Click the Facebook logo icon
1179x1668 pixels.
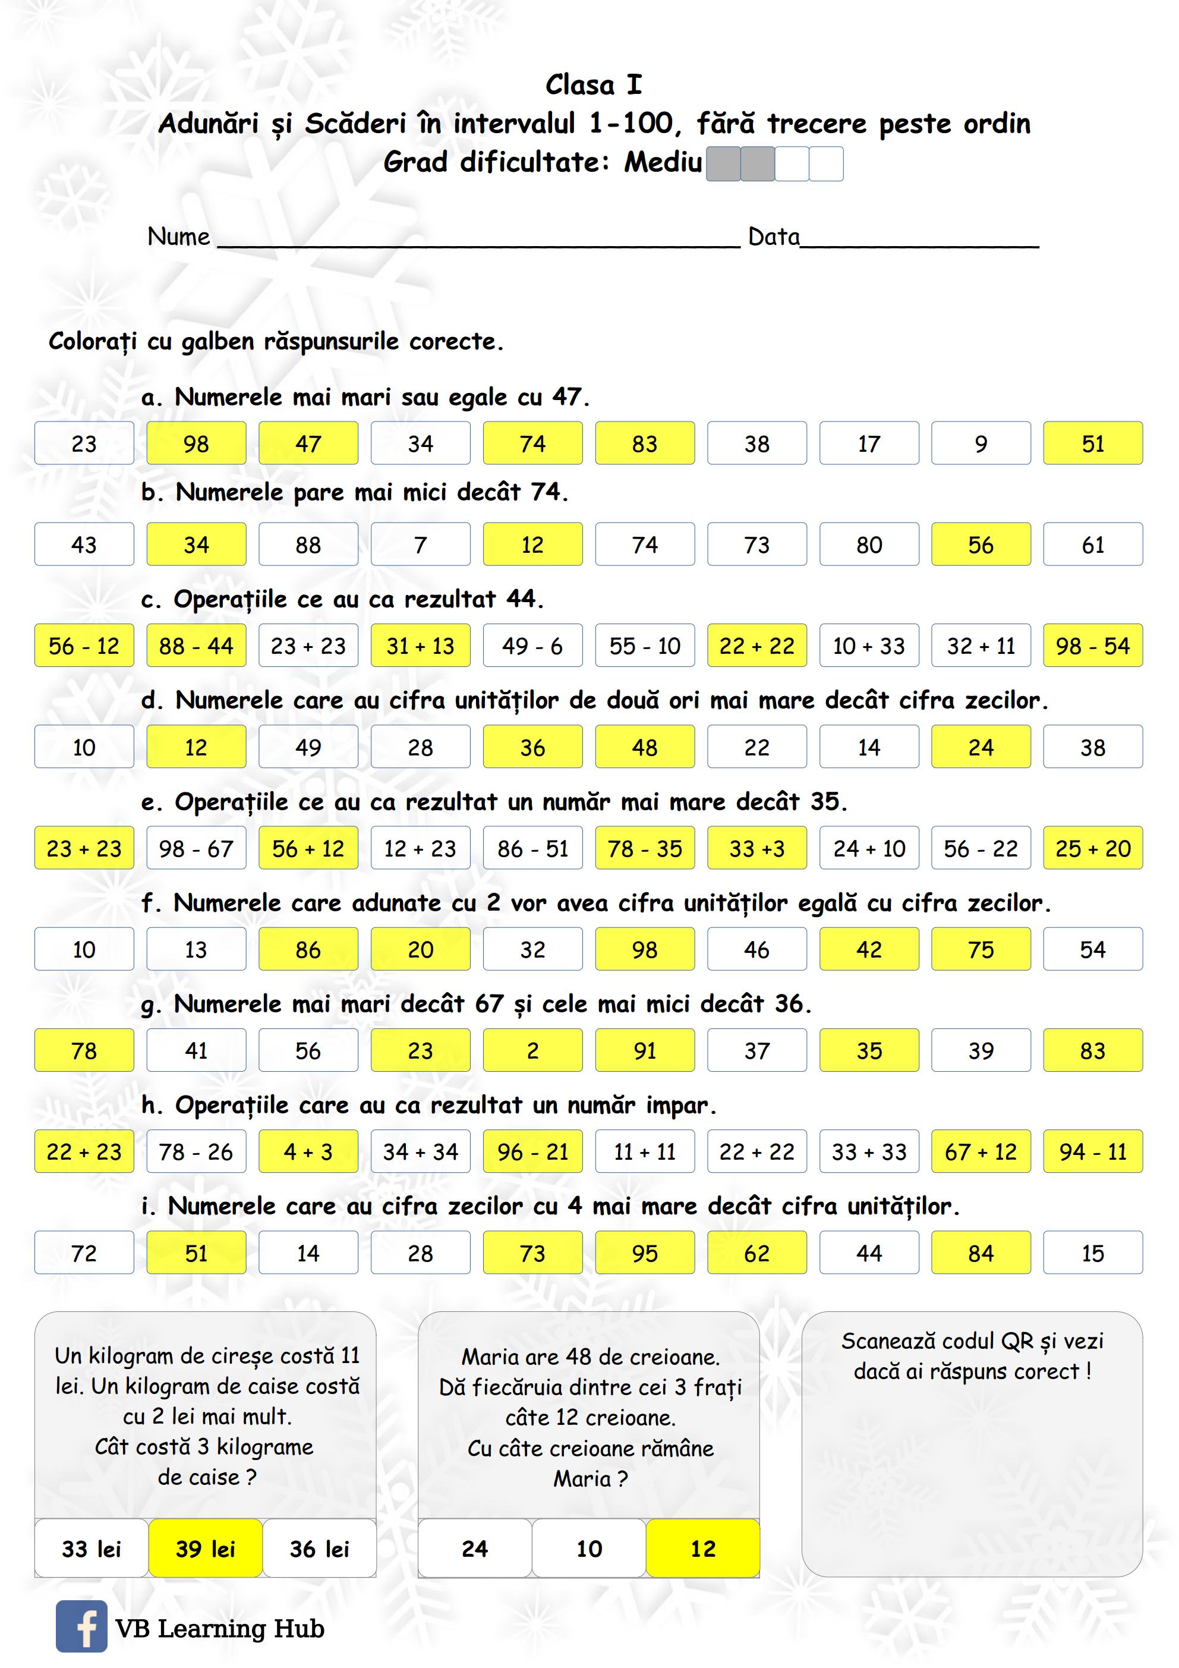tap(81, 1626)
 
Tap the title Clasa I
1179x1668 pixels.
tap(594, 85)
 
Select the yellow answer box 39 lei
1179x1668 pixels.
tap(206, 1548)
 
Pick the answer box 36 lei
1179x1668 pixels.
tap(320, 1548)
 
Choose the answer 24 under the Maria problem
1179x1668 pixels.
tap(475, 1548)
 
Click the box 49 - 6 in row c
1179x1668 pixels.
tap(532, 645)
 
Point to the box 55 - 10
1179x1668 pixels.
tap(644, 645)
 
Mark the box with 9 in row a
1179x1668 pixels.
tap(981, 443)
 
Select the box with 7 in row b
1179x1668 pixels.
tap(421, 544)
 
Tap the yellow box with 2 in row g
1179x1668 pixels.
tap(532, 1050)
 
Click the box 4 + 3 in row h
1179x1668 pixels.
tap(308, 1151)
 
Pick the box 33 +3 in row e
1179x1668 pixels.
tap(757, 848)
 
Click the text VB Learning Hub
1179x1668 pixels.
tap(219, 1628)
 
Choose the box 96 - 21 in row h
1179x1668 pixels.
tap(532, 1151)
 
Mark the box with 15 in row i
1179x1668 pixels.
tap(1093, 1252)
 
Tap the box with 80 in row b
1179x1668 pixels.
tap(869, 544)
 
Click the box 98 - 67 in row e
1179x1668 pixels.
tap(196, 848)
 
